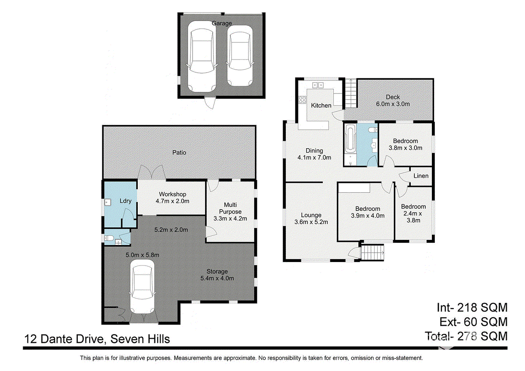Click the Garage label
point(221,23)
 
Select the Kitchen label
point(321,105)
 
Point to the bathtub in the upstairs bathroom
point(350,139)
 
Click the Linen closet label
point(421,176)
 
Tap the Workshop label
point(172,194)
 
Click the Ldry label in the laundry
point(126,201)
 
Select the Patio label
point(179,153)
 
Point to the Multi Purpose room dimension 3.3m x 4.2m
point(230,218)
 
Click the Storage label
point(217,271)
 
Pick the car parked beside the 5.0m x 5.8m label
point(142,287)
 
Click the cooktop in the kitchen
point(302,100)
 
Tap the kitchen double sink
point(318,85)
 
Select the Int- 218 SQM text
point(472,308)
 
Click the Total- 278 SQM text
point(466,336)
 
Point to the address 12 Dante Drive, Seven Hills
point(97,339)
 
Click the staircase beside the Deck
point(350,93)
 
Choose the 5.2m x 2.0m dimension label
point(171,230)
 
